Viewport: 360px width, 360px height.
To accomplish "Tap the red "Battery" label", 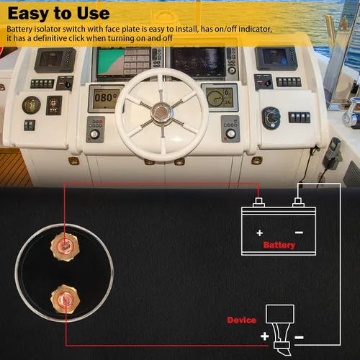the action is (x=279, y=245).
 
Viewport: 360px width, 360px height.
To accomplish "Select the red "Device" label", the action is (x=242, y=320).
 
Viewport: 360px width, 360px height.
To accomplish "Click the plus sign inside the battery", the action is (x=259, y=233).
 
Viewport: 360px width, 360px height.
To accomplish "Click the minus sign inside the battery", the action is (x=299, y=233).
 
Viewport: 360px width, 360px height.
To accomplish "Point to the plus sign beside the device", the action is (x=265, y=336).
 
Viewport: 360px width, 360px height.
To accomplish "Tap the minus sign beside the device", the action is (x=299, y=338).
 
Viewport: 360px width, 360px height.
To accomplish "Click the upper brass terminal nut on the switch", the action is (x=65, y=246).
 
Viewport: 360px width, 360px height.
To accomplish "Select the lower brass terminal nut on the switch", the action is (x=65, y=299).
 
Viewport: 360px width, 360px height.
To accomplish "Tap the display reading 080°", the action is (x=106, y=98).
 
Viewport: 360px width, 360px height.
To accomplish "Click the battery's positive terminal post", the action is (x=258, y=202).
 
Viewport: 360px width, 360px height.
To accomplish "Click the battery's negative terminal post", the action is (x=298, y=202).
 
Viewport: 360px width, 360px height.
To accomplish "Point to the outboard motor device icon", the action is (x=280, y=329).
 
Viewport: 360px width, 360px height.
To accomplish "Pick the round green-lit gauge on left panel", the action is (x=31, y=105).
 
